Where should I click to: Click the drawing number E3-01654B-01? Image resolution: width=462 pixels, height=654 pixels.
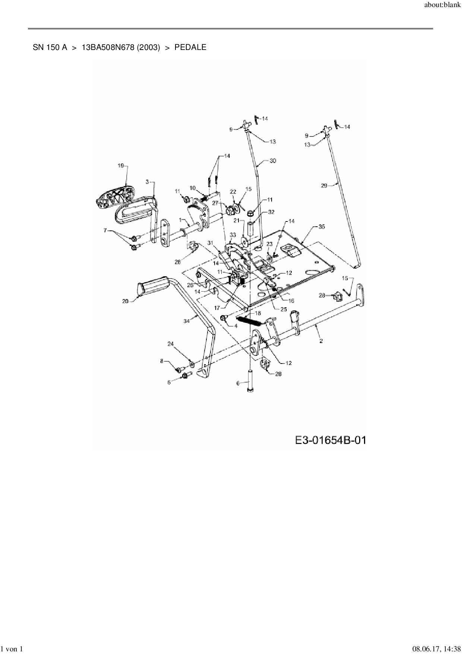tap(330, 440)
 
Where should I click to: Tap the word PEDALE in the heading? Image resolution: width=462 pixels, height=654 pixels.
tap(190, 47)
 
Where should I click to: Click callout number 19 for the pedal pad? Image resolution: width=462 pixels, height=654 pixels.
tap(121, 166)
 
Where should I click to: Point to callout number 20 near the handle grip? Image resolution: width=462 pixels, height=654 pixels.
tap(125, 301)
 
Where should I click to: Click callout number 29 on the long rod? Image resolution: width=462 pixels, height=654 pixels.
tap(324, 185)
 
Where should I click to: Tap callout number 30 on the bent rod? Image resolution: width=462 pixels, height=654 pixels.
tap(273, 161)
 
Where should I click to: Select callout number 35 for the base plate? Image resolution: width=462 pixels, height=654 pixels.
tap(321, 226)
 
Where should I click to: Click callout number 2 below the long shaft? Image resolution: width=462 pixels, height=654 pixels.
tap(321, 340)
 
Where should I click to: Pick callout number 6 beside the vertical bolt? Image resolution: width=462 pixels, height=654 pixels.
tap(238, 383)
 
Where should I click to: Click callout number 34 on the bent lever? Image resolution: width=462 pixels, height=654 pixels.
tap(186, 321)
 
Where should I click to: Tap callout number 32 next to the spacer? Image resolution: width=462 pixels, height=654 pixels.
tap(271, 212)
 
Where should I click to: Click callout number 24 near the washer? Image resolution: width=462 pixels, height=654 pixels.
tap(171, 343)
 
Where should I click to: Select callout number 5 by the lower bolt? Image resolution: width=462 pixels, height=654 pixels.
tap(169, 382)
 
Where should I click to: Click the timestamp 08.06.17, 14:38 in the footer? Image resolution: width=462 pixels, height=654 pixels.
tap(434, 649)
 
